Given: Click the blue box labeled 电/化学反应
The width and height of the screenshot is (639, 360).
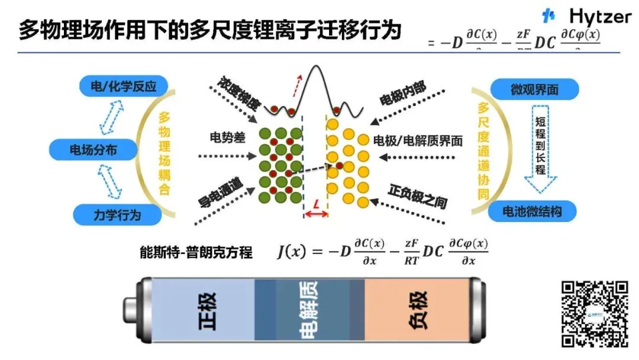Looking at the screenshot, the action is tap(123, 87).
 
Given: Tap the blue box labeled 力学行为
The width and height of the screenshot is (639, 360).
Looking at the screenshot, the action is tap(117, 214).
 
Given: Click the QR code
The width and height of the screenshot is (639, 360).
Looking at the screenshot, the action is tap(593, 313).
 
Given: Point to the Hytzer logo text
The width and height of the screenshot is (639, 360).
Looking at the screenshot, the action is tap(600, 17).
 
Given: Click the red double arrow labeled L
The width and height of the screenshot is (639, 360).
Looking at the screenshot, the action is tap(316, 213).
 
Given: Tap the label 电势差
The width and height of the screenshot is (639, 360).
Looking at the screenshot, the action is tap(224, 137).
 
